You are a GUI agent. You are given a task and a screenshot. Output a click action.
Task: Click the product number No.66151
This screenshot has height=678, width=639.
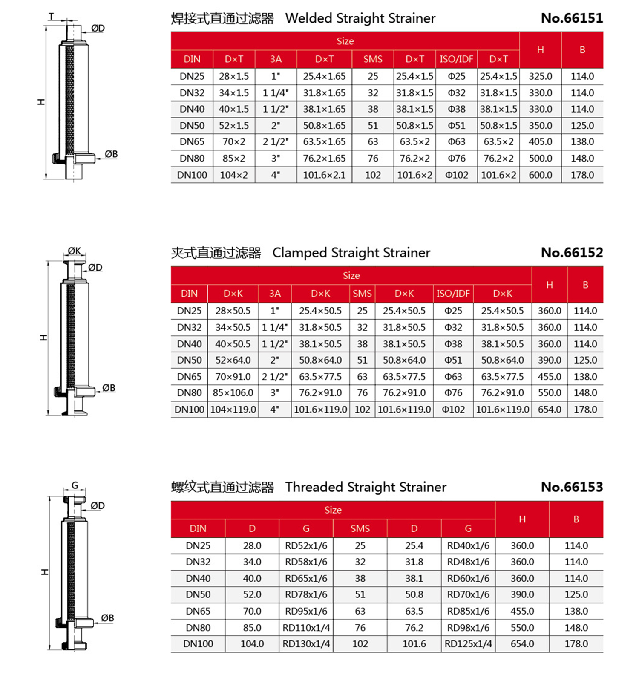click(x=572, y=18)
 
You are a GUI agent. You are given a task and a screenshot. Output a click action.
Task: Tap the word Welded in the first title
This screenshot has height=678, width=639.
click(x=309, y=18)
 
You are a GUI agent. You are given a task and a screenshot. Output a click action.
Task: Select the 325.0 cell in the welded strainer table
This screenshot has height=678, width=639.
click(x=540, y=76)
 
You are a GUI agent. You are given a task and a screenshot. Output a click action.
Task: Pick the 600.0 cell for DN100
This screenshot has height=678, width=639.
click(x=540, y=175)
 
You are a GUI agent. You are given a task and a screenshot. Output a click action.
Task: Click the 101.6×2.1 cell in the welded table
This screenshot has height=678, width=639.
click(x=324, y=175)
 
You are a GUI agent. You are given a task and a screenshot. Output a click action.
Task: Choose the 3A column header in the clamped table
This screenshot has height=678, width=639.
click(x=275, y=293)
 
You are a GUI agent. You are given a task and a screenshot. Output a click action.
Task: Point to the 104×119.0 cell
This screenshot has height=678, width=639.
click(x=233, y=410)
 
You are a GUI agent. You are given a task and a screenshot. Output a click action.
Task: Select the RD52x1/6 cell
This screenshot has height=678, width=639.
click(x=306, y=545)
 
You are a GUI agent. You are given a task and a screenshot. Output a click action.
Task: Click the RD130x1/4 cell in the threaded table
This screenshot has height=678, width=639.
click(x=306, y=644)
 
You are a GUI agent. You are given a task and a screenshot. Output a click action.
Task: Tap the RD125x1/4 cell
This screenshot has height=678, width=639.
click(x=468, y=644)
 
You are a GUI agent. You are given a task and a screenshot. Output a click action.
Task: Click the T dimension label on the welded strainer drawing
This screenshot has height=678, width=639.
click(x=52, y=17)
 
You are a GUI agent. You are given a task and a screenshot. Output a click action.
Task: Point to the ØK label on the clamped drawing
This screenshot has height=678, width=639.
click(x=75, y=251)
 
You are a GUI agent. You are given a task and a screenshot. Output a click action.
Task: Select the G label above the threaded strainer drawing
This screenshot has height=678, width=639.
click(x=75, y=485)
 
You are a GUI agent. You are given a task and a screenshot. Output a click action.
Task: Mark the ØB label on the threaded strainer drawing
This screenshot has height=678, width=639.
click(x=107, y=618)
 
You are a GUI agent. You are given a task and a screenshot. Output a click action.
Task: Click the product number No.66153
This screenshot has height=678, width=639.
click(x=572, y=487)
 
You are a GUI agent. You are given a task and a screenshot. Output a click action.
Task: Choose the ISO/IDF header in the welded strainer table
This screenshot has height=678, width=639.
click(x=456, y=59)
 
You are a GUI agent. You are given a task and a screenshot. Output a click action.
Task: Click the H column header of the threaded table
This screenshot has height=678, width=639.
click(x=522, y=519)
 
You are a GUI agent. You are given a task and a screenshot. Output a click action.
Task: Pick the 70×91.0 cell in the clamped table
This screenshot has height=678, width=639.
click(x=233, y=377)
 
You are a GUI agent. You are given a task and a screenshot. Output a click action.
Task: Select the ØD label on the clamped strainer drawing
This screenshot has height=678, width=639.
click(x=95, y=268)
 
